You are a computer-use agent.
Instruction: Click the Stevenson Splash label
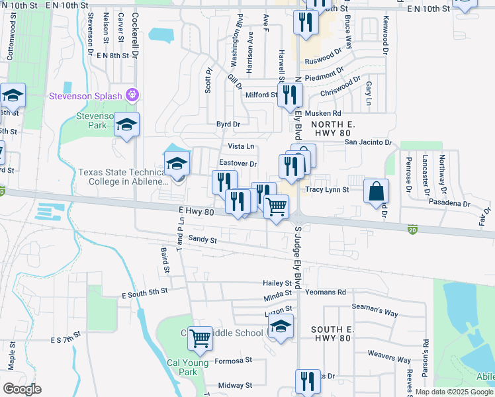click(86, 96)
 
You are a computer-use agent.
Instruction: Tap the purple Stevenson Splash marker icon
click(134, 95)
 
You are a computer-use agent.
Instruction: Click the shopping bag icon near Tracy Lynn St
click(376, 191)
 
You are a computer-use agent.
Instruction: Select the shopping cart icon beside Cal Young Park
click(200, 338)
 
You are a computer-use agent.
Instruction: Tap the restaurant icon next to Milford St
click(289, 95)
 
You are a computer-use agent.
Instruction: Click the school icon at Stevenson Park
click(126, 124)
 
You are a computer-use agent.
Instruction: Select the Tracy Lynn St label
click(327, 190)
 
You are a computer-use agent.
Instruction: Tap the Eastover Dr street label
click(238, 163)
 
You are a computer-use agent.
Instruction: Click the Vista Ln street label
click(241, 146)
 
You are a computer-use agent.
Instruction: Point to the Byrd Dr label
click(228, 124)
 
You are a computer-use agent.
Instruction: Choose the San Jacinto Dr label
click(368, 142)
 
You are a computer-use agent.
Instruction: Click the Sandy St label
click(202, 239)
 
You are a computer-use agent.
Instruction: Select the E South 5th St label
click(145, 292)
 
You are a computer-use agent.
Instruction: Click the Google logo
click(22, 389)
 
